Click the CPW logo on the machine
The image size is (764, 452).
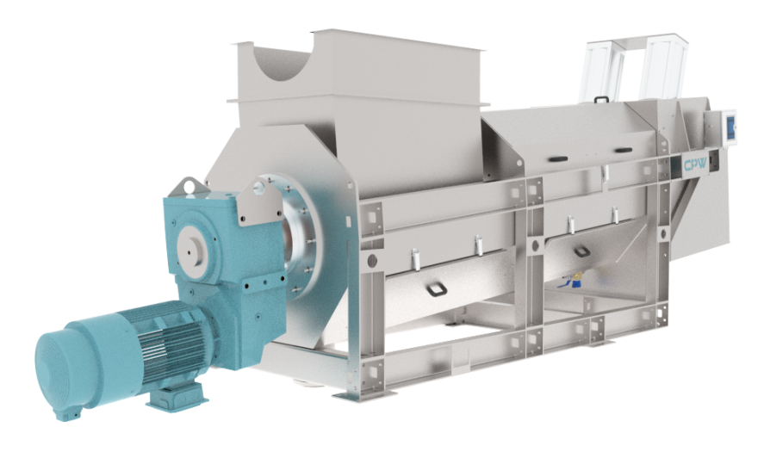click(695, 164)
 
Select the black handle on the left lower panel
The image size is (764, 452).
click(437, 290)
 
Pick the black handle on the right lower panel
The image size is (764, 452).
click(581, 252)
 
